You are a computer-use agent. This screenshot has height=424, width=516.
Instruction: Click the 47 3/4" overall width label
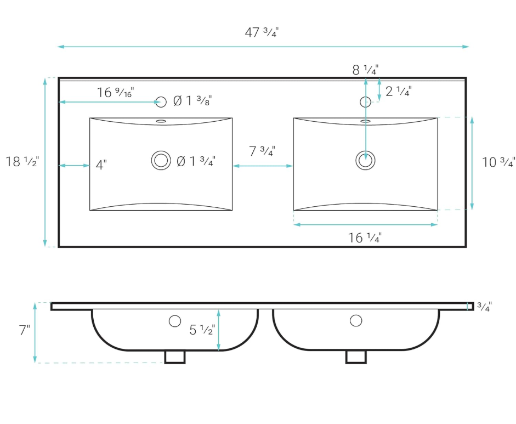coord(262,32)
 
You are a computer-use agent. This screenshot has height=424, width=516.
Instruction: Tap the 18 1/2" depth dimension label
coord(22,161)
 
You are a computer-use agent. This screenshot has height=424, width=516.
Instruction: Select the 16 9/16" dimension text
coord(115,92)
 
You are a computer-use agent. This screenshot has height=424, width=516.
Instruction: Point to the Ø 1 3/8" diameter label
coord(192,100)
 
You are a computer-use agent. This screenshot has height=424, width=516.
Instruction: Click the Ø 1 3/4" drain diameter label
coord(196,161)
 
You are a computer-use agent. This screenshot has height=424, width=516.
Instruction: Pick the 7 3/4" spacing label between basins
coord(262,151)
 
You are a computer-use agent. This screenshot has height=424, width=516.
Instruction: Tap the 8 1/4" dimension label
coord(365,70)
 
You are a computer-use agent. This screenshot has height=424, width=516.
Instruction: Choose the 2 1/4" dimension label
coord(399,91)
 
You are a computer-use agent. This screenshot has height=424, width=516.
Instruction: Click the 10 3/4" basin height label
coord(498,162)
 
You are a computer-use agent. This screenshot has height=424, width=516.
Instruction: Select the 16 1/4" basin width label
coord(365,238)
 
